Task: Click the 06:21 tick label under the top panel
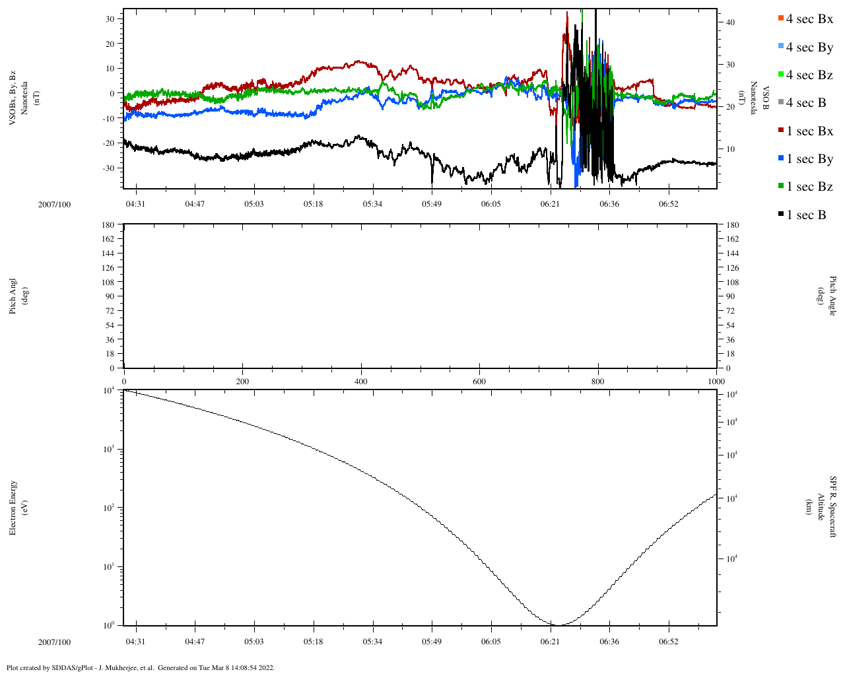coord(550,204)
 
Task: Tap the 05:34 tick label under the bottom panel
coord(372,642)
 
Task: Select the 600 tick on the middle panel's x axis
coord(479,382)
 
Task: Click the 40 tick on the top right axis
coord(730,22)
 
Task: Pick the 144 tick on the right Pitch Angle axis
coord(733,253)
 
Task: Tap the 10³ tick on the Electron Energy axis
coord(108,450)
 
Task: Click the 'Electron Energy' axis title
coord(13,508)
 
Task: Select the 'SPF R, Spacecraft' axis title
coord(833,507)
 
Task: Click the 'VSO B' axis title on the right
coord(766,99)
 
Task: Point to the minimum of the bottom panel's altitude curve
coord(558,625)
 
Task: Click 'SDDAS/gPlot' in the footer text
coord(73,667)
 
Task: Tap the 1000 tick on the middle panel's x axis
coord(716,382)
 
